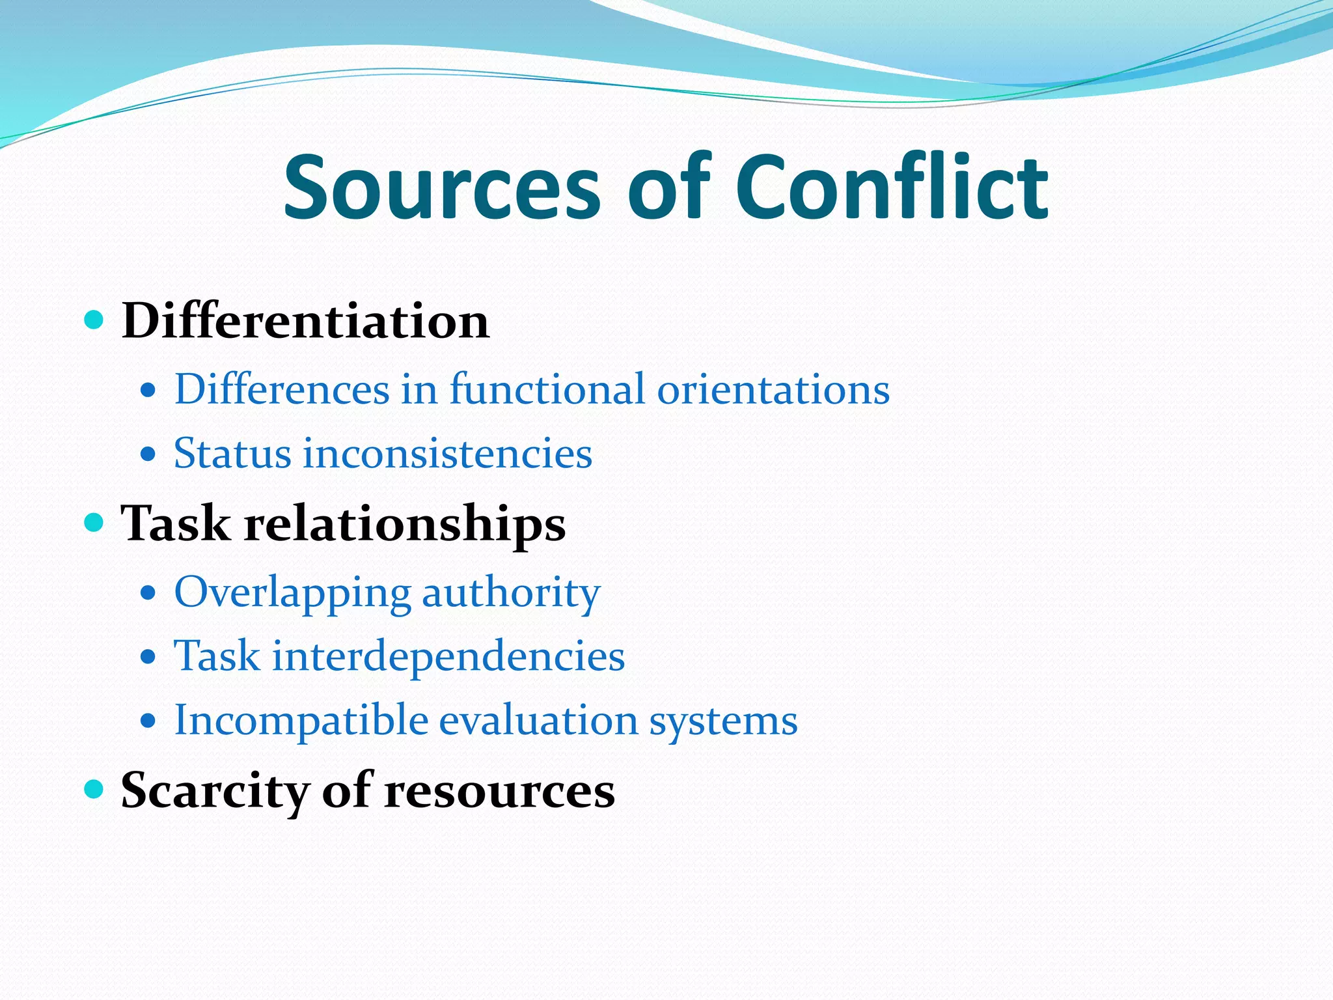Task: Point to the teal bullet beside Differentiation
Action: (x=94, y=320)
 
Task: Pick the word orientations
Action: (x=773, y=389)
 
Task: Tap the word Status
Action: (x=232, y=453)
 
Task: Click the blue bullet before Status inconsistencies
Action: (x=148, y=454)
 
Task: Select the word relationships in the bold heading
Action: (x=405, y=523)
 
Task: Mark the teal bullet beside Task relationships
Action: (x=94, y=522)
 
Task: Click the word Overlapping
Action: (x=292, y=593)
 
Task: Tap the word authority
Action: (x=511, y=593)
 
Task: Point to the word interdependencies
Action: (x=448, y=656)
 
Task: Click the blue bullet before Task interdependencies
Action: (x=148, y=657)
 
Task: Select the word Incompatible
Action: (x=301, y=721)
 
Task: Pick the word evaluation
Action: (x=538, y=721)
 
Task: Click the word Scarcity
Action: (x=214, y=790)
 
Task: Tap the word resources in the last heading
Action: (x=499, y=790)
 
